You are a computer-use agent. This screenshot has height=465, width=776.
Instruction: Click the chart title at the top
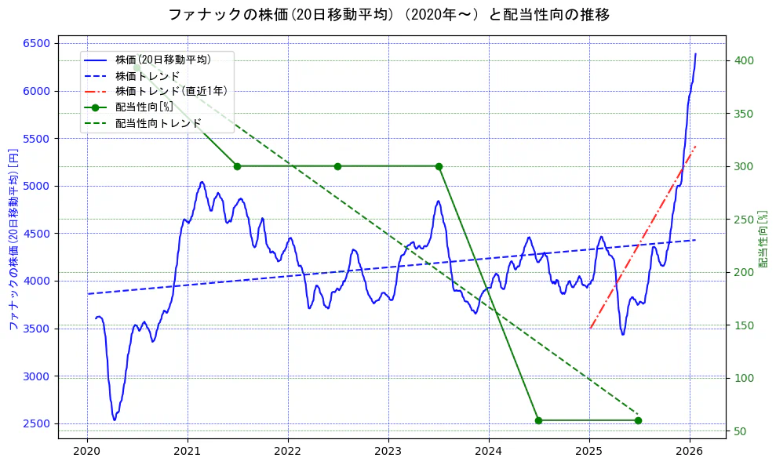(388, 15)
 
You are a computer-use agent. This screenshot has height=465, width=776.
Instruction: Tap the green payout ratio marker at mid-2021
(237, 166)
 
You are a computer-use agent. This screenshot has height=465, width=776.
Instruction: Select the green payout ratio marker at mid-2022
(337, 166)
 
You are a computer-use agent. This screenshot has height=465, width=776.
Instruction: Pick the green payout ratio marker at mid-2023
(439, 166)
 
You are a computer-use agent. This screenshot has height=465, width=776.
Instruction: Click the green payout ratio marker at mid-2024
(538, 420)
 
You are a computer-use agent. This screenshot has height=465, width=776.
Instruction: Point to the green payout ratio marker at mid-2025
(638, 420)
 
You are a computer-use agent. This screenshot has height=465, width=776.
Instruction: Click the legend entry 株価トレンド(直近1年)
(171, 91)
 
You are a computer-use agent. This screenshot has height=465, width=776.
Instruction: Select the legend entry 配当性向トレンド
(158, 124)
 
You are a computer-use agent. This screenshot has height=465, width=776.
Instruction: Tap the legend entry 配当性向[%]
(144, 107)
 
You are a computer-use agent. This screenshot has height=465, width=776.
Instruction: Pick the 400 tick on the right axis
(742, 60)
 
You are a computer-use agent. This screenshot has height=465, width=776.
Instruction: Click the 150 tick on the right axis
(742, 325)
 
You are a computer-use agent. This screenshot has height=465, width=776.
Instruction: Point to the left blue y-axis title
(13, 239)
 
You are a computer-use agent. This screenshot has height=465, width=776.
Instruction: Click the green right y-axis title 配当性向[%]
(762, 239)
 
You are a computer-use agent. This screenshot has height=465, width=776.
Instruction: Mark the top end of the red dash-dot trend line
(696, 147)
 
